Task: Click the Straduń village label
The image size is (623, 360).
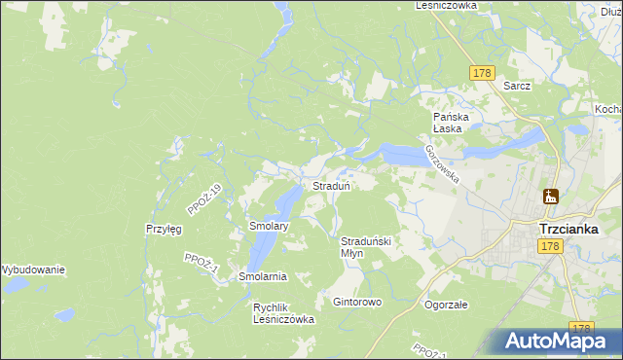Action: click(x=331, y=185)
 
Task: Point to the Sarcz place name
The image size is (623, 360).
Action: click(x=517, y=86)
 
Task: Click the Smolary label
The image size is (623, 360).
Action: click(x=269, y=226)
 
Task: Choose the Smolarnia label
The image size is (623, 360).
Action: click(x=263, y=276)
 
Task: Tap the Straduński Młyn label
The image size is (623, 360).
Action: click(x=366, y=246)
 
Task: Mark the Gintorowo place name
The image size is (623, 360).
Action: click(x=357, y=302)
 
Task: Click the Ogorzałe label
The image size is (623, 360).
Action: click(x=447, y=304)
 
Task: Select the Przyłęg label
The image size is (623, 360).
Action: click(x=164, y=229)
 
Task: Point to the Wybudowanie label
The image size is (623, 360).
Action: click(x=32, y=270)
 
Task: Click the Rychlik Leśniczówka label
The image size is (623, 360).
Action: click(x=283, y=312)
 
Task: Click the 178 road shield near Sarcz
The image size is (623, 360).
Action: click(x=482, y=73)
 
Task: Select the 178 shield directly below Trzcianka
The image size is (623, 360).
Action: click(x=551, y=248)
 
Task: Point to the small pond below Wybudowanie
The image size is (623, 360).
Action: click(x=64, y=315)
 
